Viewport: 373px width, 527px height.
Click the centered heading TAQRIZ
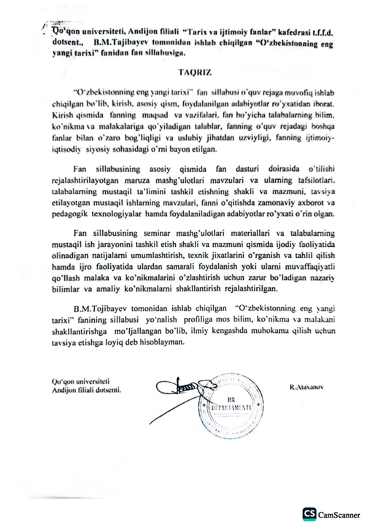pyautogui.click(x=195, y=72)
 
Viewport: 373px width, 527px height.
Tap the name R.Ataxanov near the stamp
pyautogui.click(x=307, y=387)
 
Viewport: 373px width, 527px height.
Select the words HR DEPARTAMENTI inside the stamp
pyautogui.click(x=232, y=404)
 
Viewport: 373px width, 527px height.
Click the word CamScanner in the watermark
pyautogui.click(x=339, y=515)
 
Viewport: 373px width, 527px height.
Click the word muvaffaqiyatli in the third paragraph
pyautogui.click(x=313, y=267)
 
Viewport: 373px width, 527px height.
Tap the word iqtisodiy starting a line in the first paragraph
pyautogui.click(x=66, y=149)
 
